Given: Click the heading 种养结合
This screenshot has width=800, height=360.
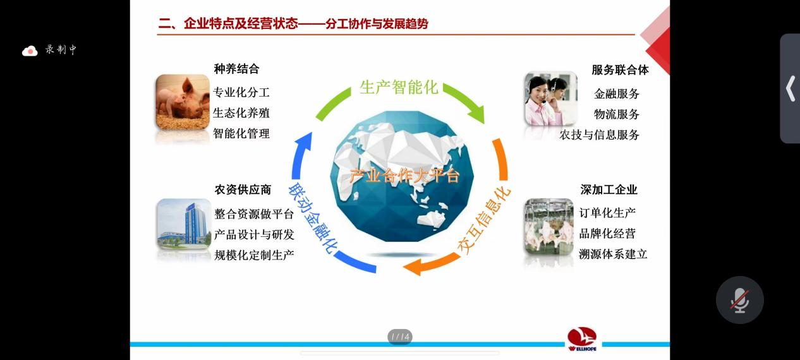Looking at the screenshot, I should pos(236,69).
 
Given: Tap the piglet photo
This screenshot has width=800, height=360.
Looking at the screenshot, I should pos(183,102).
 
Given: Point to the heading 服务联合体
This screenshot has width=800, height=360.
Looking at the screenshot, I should pos(620,69).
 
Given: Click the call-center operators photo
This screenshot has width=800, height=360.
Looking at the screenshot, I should pos(550,99).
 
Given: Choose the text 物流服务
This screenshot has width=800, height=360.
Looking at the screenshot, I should pos(617,114).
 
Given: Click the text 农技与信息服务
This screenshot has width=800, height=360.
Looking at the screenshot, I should pos(600,135).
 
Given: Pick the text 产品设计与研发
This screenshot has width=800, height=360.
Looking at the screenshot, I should pos(254,234).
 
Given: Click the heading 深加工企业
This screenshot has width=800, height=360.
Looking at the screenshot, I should pos(609,189).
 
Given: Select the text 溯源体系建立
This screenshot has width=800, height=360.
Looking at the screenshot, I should pos(613,254).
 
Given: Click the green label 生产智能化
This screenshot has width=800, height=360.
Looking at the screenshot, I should pos(399,87).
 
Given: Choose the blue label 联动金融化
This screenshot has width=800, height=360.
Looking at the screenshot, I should pos(310,218).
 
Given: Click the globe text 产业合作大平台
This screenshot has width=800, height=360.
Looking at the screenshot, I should pos(404,176).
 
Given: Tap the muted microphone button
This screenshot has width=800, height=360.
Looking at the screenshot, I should pos(739,300).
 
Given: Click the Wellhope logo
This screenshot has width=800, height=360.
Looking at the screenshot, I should pos(582,339).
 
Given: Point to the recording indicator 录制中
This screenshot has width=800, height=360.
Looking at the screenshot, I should pos(50,50).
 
